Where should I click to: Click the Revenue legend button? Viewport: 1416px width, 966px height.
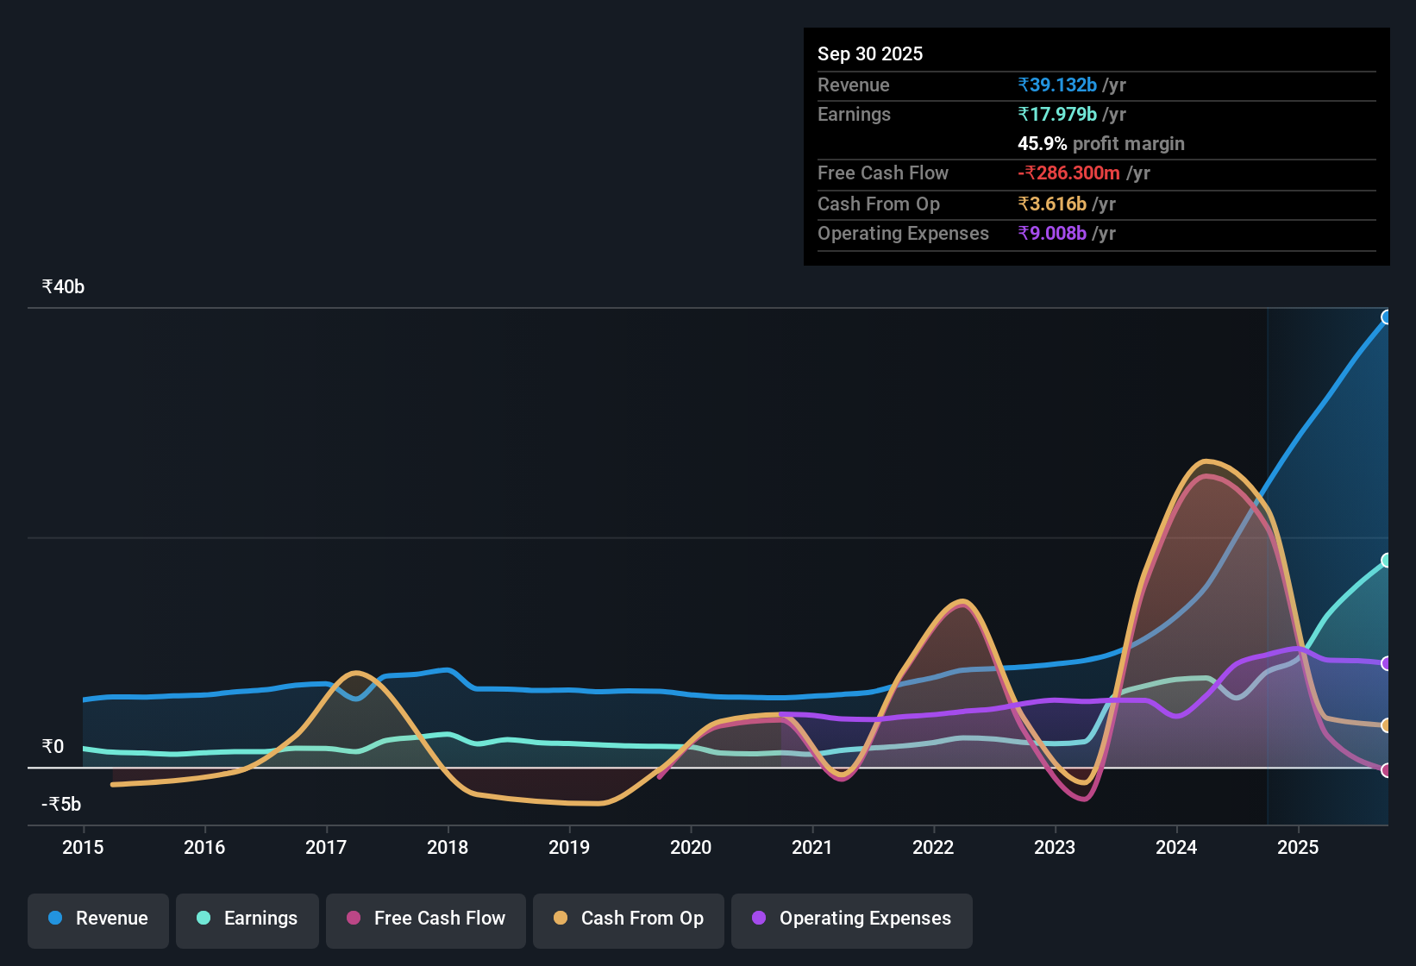(98, 919)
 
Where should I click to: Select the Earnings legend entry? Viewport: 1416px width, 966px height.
(247, 919)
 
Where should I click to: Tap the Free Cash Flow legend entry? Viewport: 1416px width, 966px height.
(426, 919)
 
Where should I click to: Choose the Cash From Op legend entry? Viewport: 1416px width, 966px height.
(629, 919)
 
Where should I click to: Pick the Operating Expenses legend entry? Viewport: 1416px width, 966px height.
(852, 919)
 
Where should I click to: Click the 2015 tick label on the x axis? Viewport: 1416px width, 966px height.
(83, 847)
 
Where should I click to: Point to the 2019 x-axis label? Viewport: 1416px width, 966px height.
(569, 847)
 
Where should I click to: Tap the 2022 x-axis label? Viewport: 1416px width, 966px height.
(933, 847)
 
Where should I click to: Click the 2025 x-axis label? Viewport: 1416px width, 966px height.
(1298, 847)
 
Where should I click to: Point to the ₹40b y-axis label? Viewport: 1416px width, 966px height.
(64, 287)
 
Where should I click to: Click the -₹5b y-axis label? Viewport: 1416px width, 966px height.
(61, 805)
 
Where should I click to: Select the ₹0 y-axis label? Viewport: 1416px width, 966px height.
(53, 747)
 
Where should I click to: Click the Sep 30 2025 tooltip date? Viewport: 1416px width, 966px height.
(870, 53)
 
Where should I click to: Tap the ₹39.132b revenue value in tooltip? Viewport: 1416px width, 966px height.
(1057, 85)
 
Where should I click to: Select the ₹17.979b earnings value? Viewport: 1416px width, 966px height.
(1057, 115)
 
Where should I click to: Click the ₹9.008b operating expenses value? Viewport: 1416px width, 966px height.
(1052, 234)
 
